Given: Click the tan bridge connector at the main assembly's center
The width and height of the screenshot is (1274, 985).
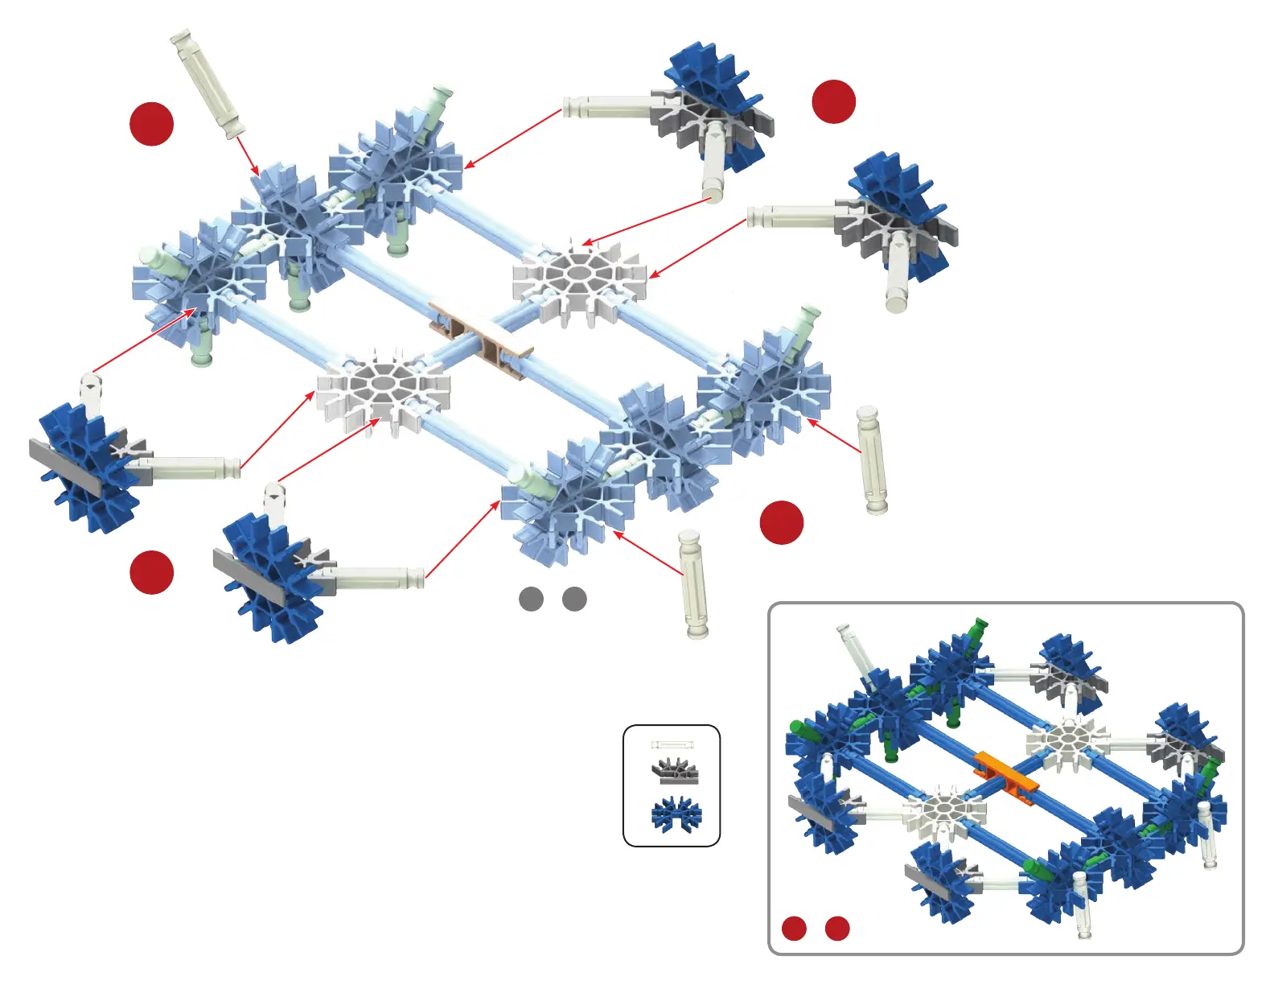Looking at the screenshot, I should coord(481,338).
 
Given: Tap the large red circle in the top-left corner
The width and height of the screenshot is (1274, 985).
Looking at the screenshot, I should coord(152,124).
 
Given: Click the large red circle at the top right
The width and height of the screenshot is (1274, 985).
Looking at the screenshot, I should coord(834,101).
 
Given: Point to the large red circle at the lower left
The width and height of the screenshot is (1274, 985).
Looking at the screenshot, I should coord(152,572).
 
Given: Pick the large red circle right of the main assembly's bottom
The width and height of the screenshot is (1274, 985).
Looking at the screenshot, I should coord(782,522).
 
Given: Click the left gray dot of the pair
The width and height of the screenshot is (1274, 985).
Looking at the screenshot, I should coord(531,599).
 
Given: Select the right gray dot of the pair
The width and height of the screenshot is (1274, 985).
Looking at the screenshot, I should coord(574,599).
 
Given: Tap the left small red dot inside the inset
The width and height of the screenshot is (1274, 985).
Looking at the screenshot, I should coord(794,928).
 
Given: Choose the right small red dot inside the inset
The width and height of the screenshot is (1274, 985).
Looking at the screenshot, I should coord(837,928).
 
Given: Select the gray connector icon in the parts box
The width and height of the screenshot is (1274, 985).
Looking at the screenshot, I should coord(674,771).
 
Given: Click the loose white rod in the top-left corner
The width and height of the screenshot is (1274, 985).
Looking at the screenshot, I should coord(208,84).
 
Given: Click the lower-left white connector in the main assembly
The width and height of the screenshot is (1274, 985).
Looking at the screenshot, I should coord(382,389).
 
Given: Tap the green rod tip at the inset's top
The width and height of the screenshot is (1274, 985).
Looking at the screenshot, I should coord(979,625).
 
